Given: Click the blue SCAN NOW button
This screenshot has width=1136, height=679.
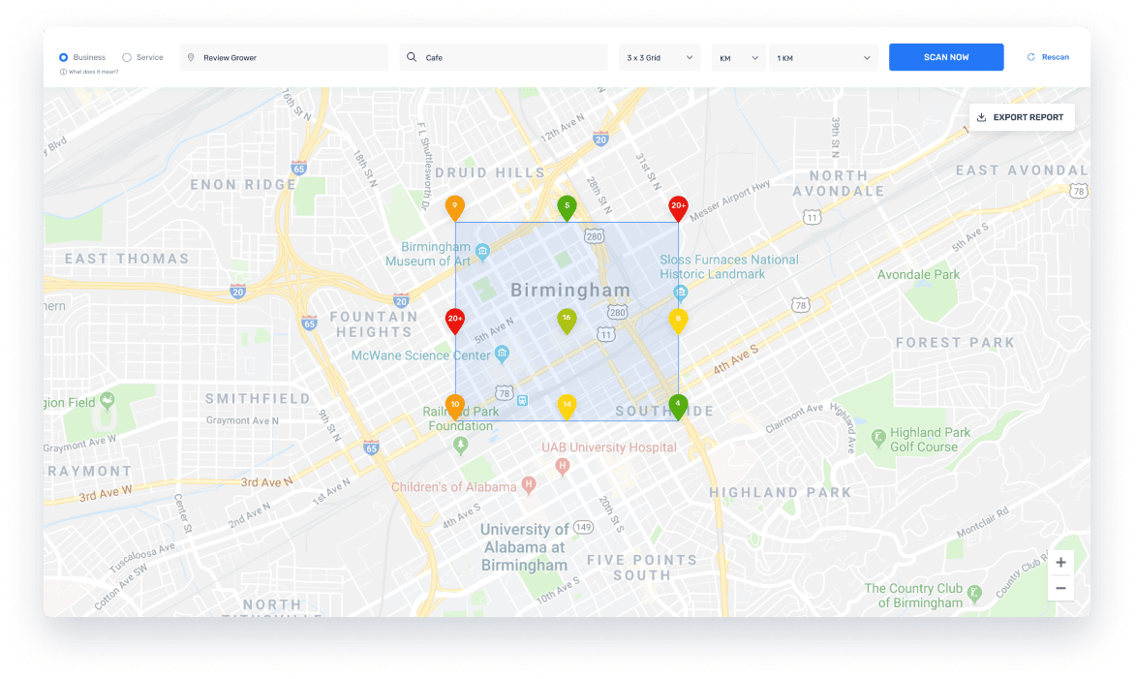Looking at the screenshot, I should (x=946, y=57).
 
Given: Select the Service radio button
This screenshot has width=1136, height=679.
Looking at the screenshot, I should (x=127, y=57).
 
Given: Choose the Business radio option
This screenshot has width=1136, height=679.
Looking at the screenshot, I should (x=64, y=57).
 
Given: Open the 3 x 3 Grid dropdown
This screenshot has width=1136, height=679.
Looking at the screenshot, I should (x=660, y=58).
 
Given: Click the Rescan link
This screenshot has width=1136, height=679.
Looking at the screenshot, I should (x=1049, y=57).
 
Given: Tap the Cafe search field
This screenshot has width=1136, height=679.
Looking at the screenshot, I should (x=504, y=58).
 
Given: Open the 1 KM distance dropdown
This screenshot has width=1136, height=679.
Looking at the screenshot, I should (x=823, y=58).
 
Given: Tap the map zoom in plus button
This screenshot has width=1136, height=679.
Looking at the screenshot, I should (x=1060, y=563).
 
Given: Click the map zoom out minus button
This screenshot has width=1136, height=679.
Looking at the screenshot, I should (x=1060, y=588).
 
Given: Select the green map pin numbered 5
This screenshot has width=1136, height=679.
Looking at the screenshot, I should (x=567, y=206).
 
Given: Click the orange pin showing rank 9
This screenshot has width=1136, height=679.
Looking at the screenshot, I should (x=454, y=206).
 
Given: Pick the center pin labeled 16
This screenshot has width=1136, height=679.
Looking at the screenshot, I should (x=567, y=320).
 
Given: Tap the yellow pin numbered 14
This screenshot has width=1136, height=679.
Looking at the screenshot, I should (x=567, y=405).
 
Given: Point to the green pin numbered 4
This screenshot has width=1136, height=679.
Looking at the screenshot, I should (x=678, y=405).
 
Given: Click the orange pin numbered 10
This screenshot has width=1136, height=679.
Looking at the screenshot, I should (x=454, y=405).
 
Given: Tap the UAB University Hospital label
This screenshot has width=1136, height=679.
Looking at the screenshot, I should (x=609, y=448).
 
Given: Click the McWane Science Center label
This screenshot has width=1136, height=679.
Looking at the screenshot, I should (x=420, y=355).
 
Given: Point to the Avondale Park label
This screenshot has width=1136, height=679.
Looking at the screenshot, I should (x=918, y=274).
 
